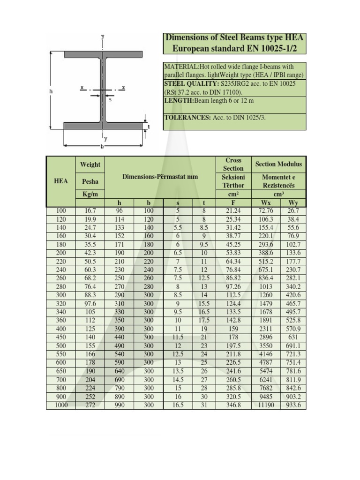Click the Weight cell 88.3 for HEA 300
coord(90,295)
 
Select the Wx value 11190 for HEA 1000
coord(266,405)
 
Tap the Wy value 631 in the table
coord(293,337)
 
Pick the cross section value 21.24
coord(233,211)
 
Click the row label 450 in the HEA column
coord(61,337)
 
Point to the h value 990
coord(119,405)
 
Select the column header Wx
coord(266,202)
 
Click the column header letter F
coord(233,202)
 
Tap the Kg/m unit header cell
coord(90,194)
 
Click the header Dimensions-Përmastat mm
coord(160,177)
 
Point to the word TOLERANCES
coord(187,117)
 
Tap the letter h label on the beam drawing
coord(51,91)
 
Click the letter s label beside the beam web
coord(110,99)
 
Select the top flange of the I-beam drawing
coord(103,54)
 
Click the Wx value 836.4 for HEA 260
coord(266,278)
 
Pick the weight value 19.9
coord(90,219)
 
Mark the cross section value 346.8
coord(233,405)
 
